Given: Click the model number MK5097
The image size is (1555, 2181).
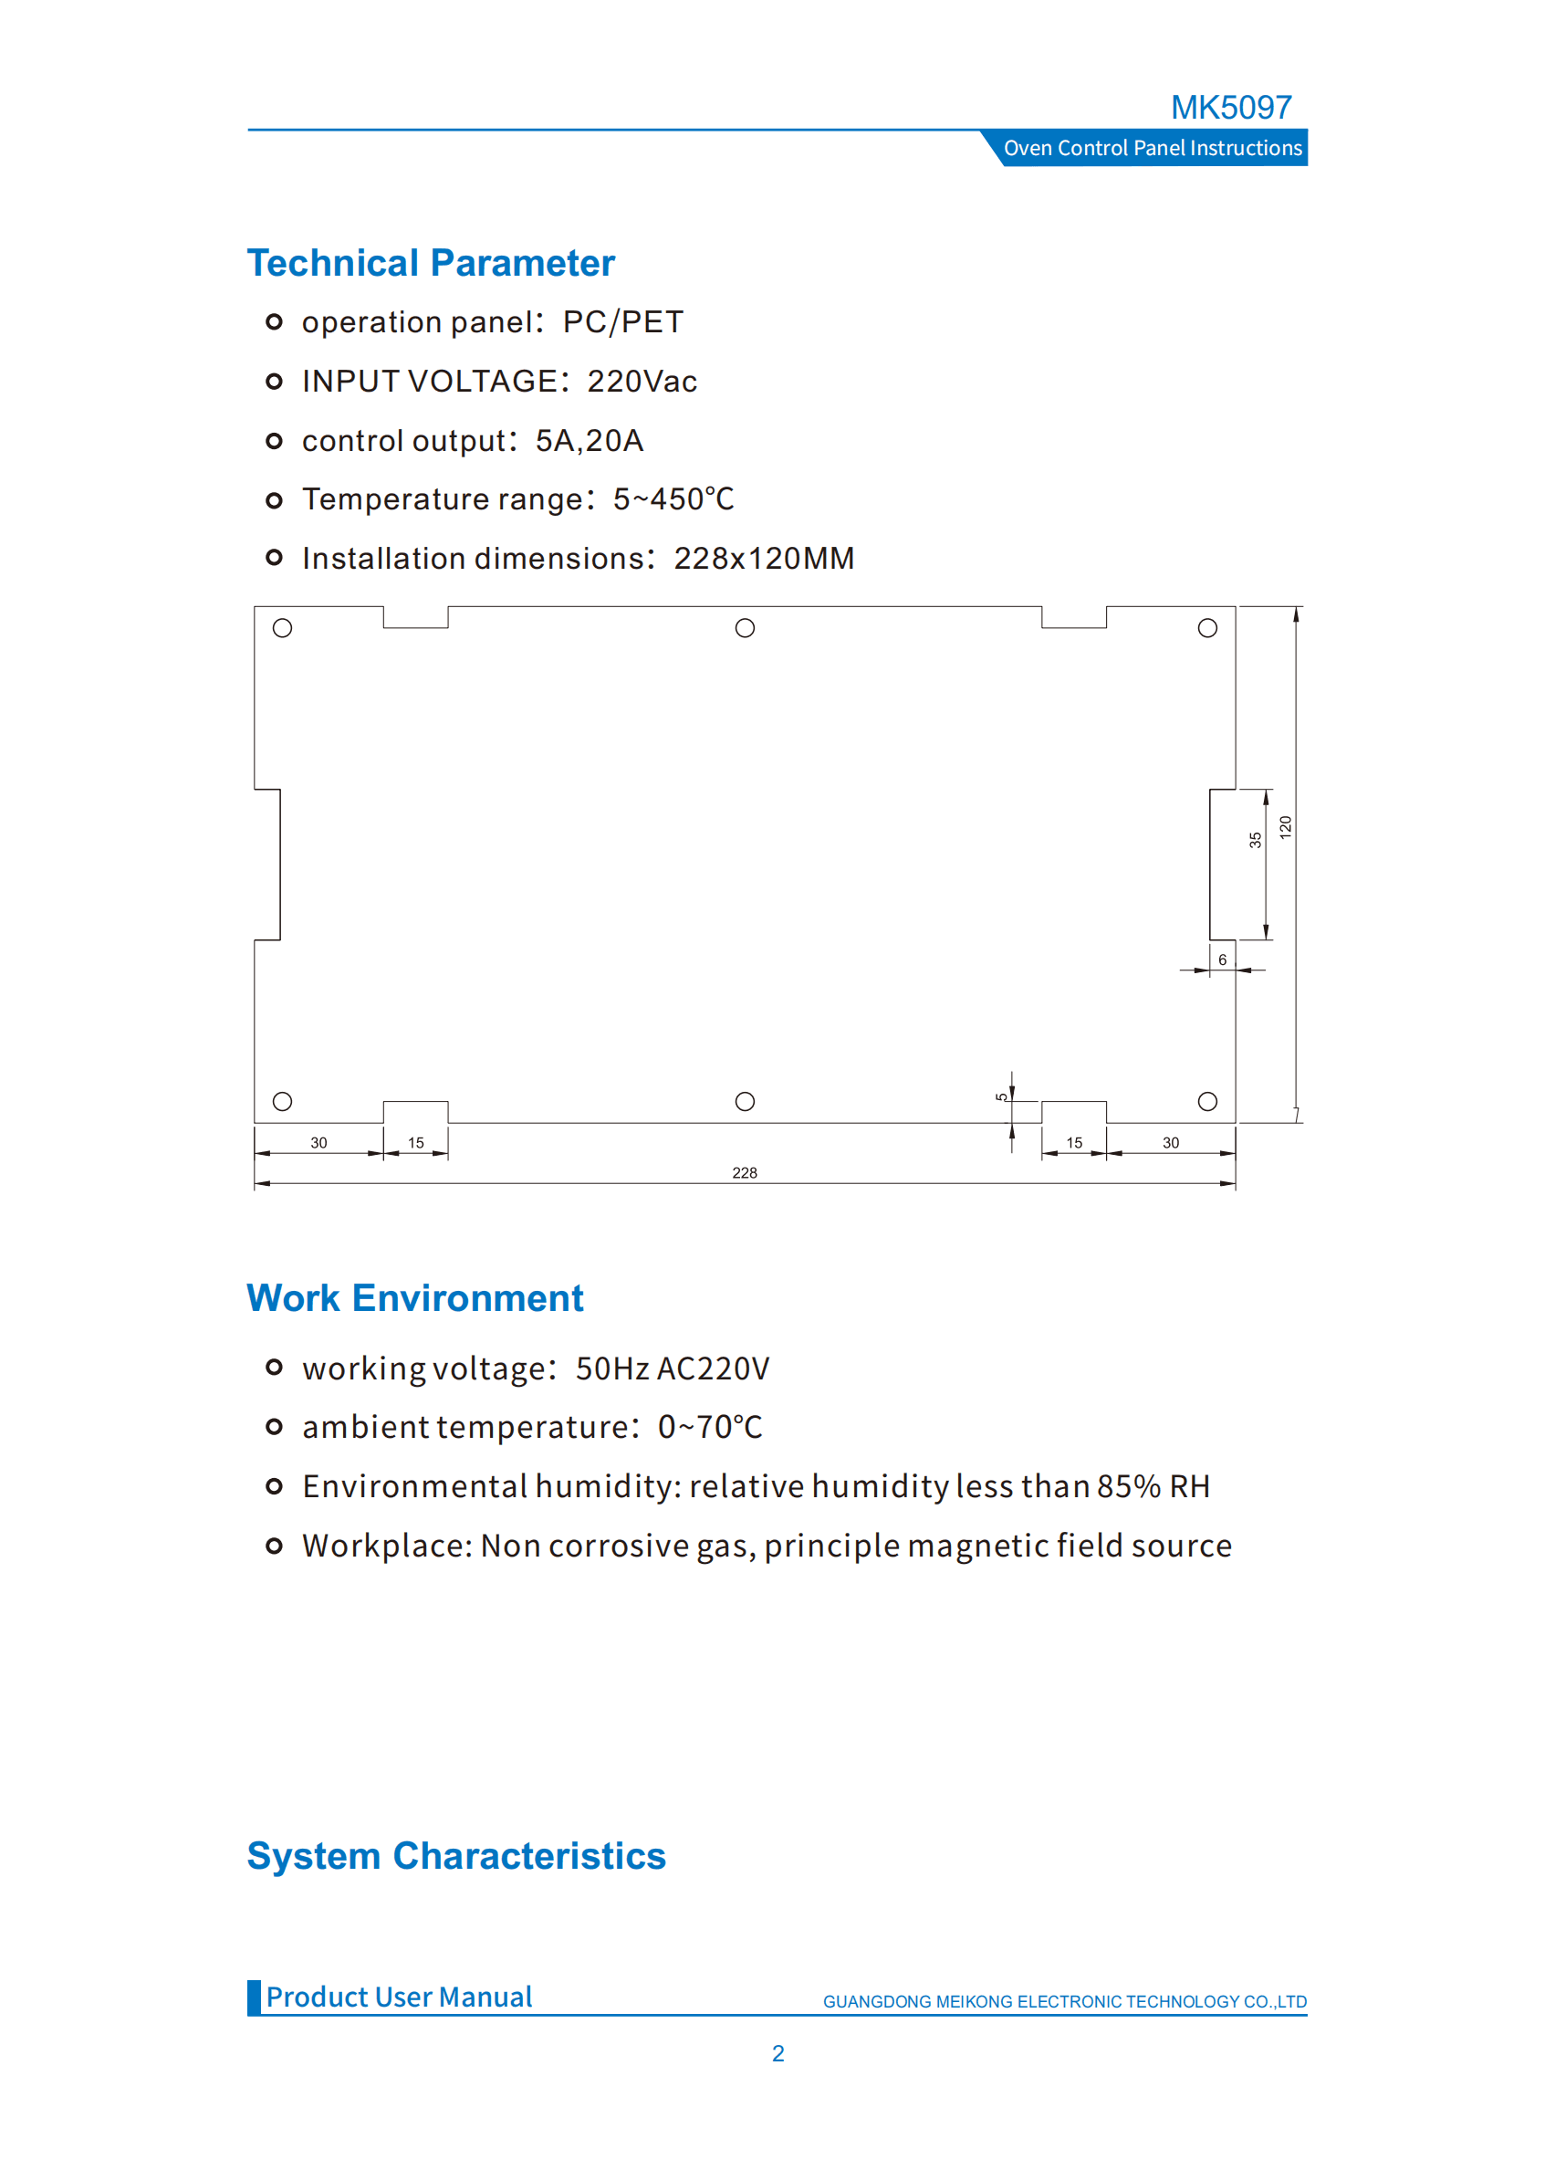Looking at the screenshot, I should tap(1230, 108).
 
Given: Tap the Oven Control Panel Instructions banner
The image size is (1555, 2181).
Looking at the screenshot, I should tap(1152, 149).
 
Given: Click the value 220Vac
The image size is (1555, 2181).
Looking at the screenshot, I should tap(642, 382).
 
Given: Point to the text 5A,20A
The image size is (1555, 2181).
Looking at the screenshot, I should tap(589, 441).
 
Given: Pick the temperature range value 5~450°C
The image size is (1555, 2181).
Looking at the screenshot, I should tap(673, 499).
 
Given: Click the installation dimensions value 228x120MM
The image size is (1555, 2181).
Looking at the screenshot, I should tap(763, 559).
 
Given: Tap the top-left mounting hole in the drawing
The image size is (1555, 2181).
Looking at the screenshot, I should tap(283, 628).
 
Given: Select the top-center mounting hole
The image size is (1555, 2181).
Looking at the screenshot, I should tap(745, 628).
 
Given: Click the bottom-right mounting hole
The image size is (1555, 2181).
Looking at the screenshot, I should tap(1207, 1102).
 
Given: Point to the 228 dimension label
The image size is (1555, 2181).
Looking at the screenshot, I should tap(744, 1172).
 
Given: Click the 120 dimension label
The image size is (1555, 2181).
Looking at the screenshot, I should tap(1285, 827).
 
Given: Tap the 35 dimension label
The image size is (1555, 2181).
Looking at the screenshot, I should tap(1255, 840).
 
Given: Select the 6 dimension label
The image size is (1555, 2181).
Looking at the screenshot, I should tap(1222, 959).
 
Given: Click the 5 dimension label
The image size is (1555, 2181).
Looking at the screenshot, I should tap(1000, 1097).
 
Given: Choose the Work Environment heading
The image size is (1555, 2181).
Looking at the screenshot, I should tap(414, 1299).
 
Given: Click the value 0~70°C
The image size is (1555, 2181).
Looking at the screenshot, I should tap(710, 1427).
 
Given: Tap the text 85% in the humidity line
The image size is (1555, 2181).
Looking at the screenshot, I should tap(1128, 1486).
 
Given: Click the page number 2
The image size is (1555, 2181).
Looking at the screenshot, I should tap(777, 2053).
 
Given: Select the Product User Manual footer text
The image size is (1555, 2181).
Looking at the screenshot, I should tap(398, 1998).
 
